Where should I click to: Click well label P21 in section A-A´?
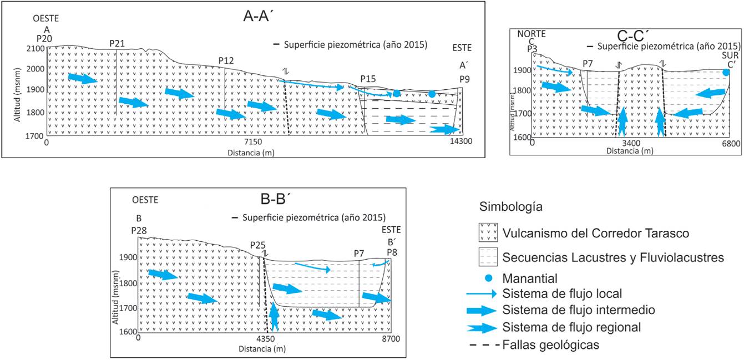click(x=117, y=43)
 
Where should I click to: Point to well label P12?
click(x=226, y=60)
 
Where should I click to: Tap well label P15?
click(x=367, y=79)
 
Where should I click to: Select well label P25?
click(x=258, y=245)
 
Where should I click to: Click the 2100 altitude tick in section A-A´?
click(x=36, y=48)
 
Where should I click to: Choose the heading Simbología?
click(x=510, y=207)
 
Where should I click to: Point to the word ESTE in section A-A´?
click(x=461, y=48)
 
